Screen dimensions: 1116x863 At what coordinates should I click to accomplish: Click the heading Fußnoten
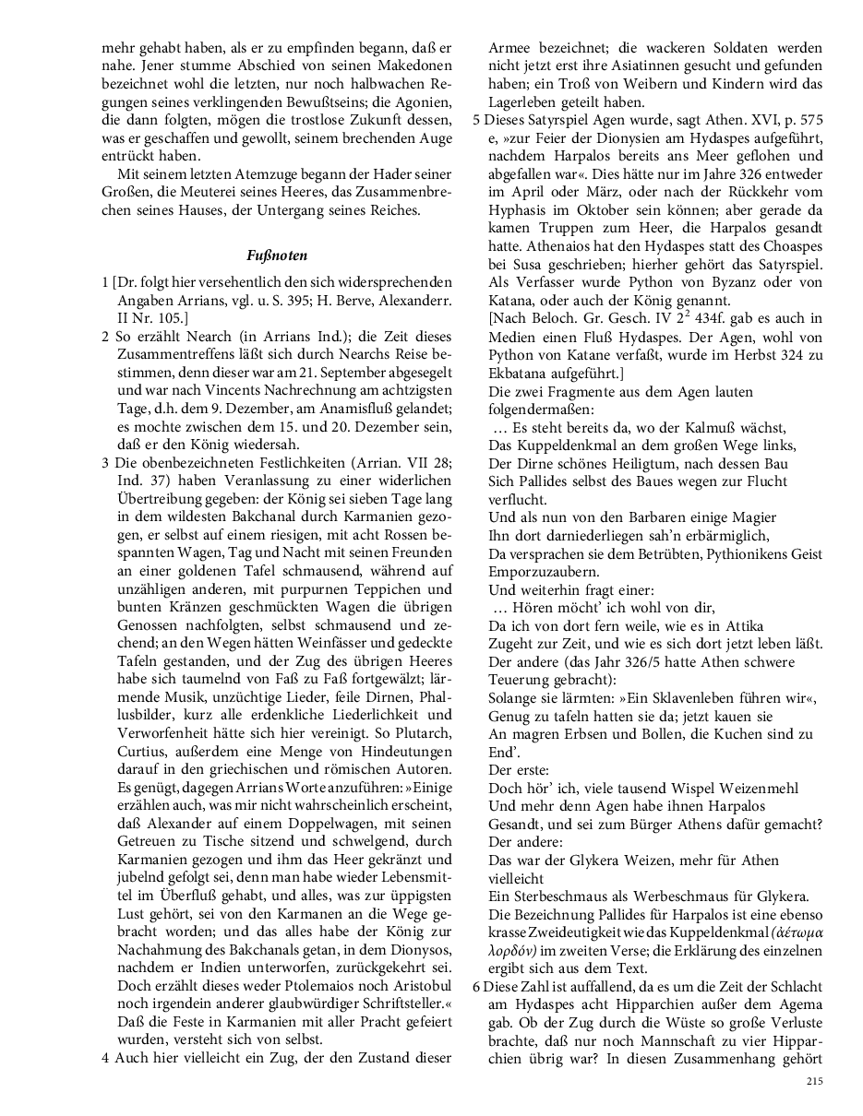[277, 255]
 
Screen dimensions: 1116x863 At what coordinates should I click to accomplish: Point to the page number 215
[813, 1080]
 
